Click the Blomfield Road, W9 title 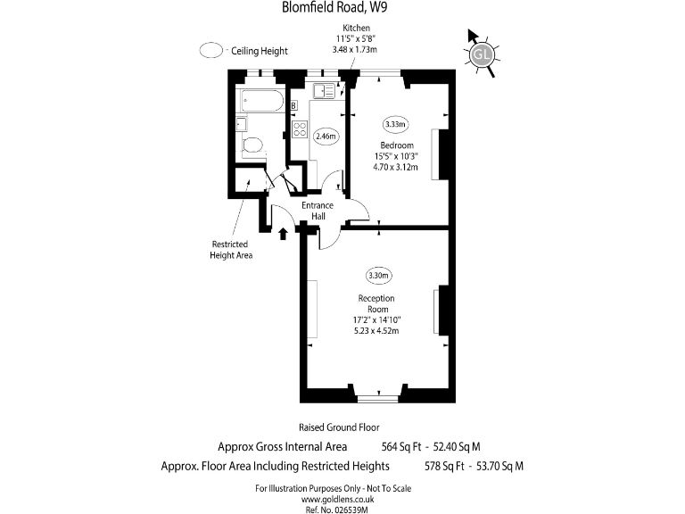334,7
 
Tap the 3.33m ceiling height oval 396,124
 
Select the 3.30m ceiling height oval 378,276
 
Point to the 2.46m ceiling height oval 326,137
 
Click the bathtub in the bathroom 261,101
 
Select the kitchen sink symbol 324,91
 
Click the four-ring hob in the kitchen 300,129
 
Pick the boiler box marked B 294,105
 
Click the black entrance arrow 283,234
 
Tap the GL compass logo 483,54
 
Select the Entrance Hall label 318,211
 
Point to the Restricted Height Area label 231,250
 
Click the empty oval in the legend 211,50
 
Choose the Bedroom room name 397,145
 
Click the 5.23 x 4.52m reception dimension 376,331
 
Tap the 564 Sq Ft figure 401,447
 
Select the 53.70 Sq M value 499,466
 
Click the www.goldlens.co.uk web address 337,499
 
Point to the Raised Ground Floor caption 339,427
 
